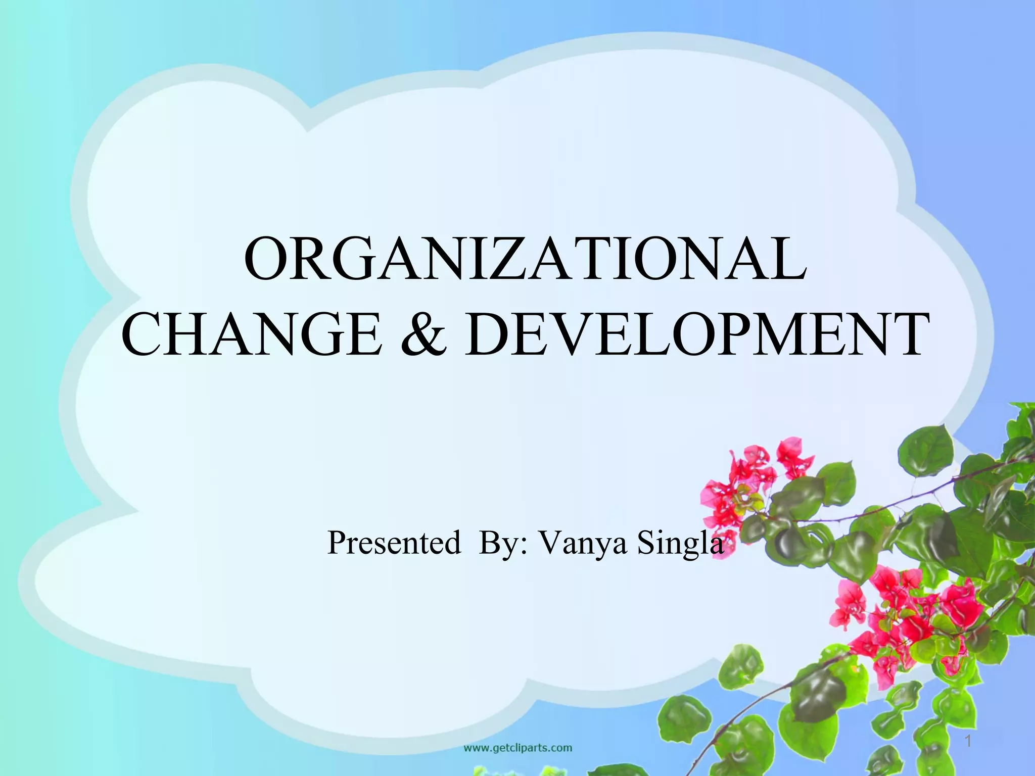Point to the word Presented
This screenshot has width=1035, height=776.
tap(394, 543)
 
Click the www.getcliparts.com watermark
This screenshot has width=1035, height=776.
tap(518, 747)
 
